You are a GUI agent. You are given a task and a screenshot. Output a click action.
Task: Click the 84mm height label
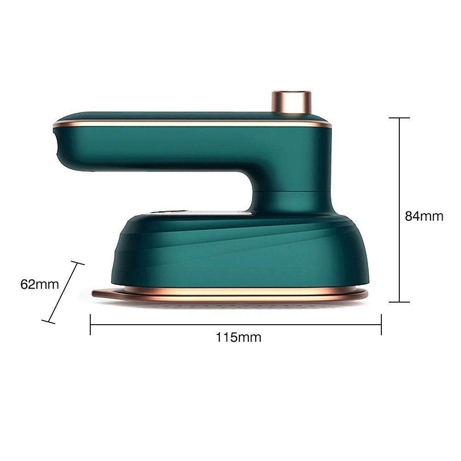424,216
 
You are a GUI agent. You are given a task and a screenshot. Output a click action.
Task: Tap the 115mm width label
239,338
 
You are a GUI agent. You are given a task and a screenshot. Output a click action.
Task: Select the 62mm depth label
40,284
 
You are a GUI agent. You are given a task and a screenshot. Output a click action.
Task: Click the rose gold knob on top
291,102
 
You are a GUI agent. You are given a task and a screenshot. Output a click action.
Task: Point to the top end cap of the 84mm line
399,118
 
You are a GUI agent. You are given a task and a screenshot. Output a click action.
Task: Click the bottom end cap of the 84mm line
399,302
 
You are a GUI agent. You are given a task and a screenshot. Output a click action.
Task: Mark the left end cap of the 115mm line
90,324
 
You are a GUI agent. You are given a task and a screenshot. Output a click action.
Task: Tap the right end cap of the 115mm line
381,324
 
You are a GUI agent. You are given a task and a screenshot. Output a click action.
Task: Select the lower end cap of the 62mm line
48,321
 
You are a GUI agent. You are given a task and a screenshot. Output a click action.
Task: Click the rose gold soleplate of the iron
230,295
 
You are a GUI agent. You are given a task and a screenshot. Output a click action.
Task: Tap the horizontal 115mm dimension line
184,324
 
